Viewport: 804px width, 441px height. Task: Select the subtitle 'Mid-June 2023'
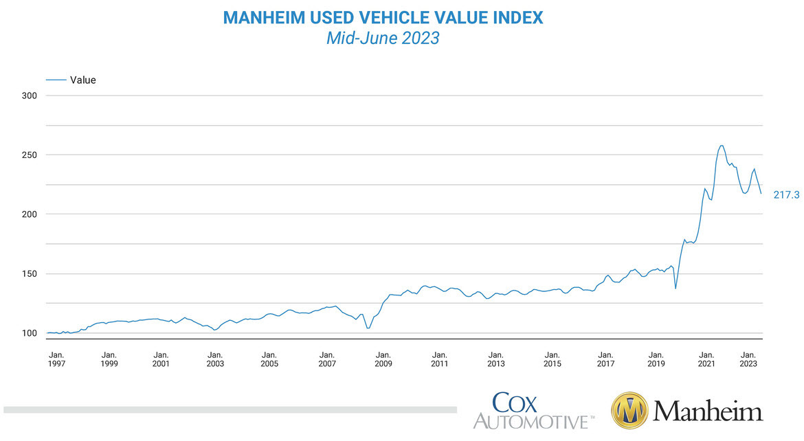[383, 38]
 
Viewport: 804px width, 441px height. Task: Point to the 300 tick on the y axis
[28, 95]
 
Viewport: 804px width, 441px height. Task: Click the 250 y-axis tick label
[28, 155]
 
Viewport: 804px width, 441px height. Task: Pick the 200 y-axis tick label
[28, 214]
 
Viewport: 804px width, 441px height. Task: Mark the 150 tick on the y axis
[28, 274]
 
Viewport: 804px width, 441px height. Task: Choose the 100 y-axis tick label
[28, 333]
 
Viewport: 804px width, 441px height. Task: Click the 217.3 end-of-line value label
[786, 195]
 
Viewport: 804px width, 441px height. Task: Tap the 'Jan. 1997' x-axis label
[58, 359]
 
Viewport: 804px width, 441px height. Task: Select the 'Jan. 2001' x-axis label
[161, 359]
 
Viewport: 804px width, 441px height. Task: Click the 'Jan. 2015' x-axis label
[551, 359]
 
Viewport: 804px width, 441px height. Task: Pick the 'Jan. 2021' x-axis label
[707, 359]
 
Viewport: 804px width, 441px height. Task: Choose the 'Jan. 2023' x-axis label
[748, 359]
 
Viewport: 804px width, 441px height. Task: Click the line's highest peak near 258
[721, 145]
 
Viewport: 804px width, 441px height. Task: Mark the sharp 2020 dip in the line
[675, 288]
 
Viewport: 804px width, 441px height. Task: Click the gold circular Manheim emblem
[629, 411]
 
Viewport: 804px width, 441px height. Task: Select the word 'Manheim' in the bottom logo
[708, 411]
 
